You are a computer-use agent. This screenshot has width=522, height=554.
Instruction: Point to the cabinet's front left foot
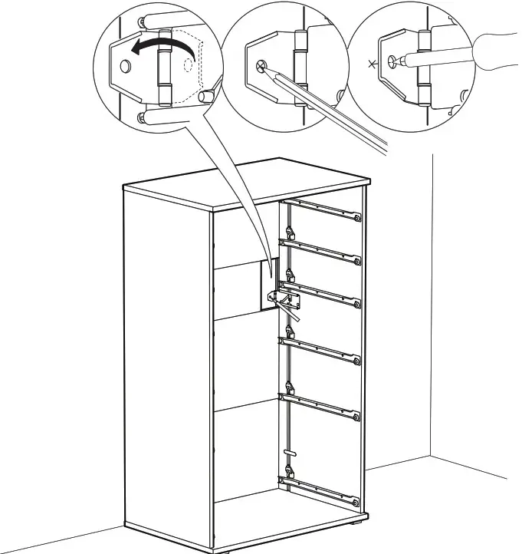[x=230, y=550]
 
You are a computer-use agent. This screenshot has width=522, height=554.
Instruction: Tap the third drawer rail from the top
[x=321, y=293]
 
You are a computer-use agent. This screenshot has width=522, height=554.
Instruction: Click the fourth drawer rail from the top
[x=321, y=350]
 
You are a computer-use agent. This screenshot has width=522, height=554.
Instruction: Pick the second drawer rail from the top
[x=321, y=252]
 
